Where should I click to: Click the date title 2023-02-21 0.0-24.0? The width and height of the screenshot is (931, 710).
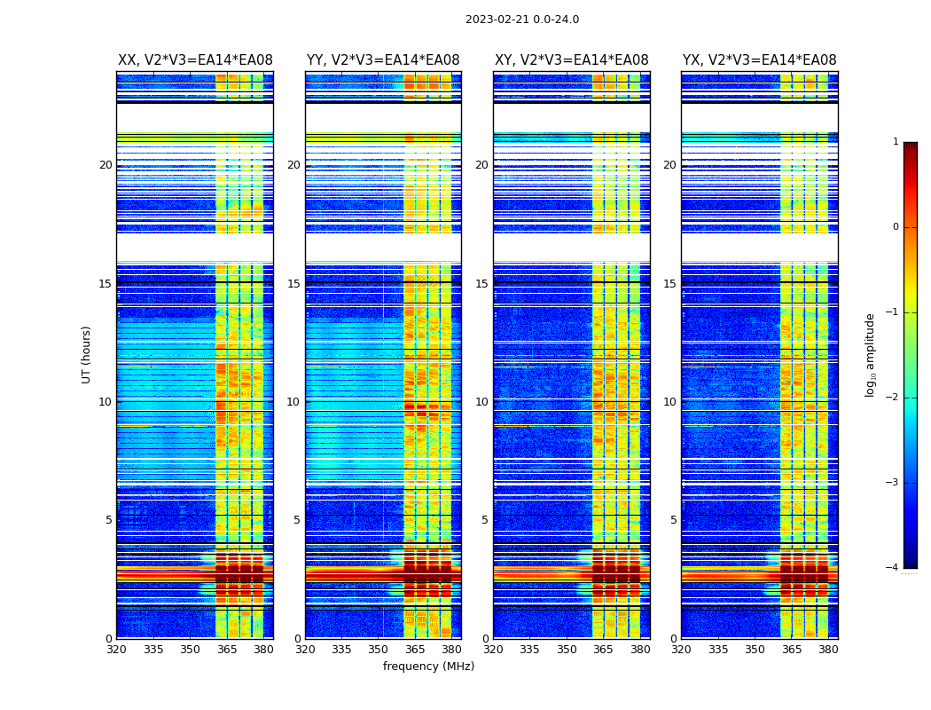coord(521,20)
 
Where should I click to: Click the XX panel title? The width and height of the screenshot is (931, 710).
coord(195,60)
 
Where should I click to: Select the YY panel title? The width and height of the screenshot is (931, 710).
coord(383,60)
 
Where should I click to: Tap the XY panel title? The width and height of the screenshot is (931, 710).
coord(571,60)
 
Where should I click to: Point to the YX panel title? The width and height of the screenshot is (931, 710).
coord(759,60)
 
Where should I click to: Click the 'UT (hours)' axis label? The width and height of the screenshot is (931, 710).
coord(86,354)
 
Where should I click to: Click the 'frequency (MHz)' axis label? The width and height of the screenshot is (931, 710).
coord(428,667)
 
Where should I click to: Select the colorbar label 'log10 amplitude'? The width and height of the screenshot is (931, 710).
coord(870,354)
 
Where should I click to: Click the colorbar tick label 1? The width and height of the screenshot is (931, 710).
coord(895,142)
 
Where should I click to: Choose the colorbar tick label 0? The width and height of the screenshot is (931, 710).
coord(895,227)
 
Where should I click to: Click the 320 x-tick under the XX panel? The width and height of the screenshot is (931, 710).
coord(116,650)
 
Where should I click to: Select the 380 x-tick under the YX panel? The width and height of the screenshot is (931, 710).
coord(828,650)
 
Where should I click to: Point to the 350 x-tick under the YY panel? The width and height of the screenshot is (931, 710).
coord(379,650)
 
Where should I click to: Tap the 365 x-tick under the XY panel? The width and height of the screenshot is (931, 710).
coord(603,650)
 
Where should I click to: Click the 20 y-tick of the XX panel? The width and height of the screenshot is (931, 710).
coord(106,165)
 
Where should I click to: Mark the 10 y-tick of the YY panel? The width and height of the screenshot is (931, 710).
coord(293,402)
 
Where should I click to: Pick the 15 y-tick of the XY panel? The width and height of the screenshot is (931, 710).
coord(481,284)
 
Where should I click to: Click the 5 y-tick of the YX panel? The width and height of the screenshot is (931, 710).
coord(673,520)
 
